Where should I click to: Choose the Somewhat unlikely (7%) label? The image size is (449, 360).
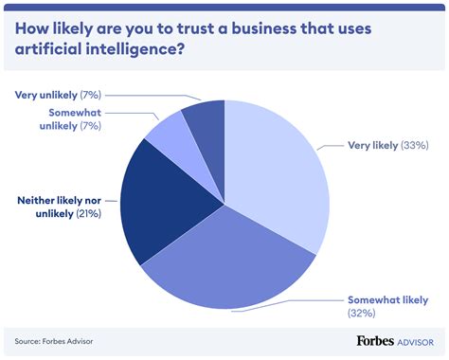pyautogui.click(x=63, y=119)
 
